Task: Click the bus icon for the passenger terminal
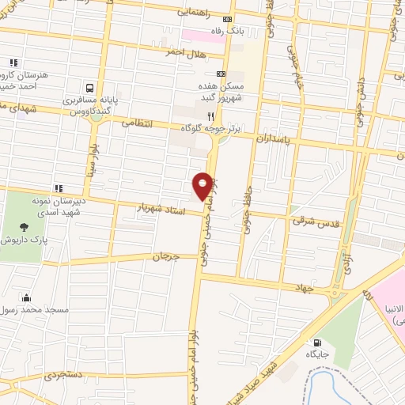[89, 89]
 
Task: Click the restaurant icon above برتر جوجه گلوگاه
[210, 115]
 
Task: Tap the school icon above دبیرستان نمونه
[59, 188]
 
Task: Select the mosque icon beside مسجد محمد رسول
[27, 298]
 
